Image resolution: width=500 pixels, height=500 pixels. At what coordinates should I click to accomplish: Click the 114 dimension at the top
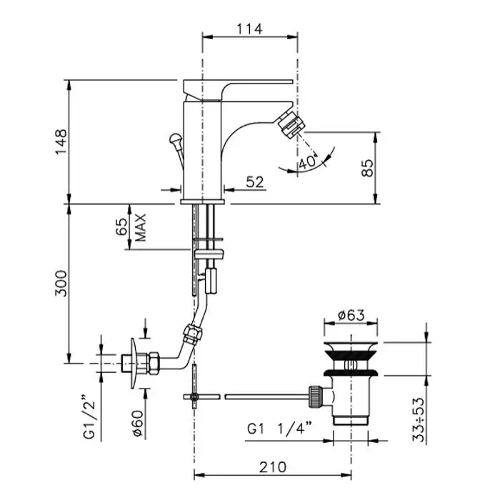point(250,29)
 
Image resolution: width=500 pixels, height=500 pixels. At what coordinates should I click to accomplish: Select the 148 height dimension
point(61,142)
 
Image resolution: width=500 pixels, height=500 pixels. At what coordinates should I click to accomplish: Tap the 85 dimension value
point(367,168)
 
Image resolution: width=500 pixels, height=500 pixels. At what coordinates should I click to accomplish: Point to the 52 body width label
point(255,182)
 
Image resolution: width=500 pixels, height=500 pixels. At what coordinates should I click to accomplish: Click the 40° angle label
point(309,161)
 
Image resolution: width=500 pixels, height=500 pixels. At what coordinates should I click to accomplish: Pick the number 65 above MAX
point(121,226)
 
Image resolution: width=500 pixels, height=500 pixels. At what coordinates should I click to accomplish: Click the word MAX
point(140,228)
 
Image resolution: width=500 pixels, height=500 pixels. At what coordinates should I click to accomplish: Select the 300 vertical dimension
point(61,284)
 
